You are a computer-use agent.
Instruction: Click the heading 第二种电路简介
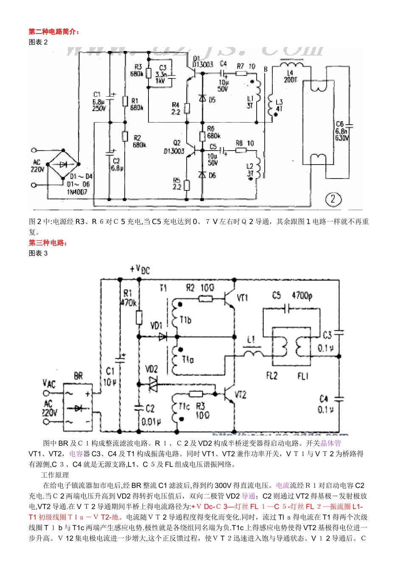click(54, 32)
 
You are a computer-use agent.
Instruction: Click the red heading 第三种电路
click(48, 243)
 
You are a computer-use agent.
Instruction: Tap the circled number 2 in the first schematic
click(333, 199)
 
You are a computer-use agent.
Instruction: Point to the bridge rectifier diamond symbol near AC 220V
click(64, 165)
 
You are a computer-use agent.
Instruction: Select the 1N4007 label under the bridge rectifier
click(77, 192)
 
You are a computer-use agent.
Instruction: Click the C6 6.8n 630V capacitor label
click(342, 131)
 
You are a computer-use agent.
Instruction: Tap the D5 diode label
click(211, 100)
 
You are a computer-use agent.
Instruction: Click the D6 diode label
click(211, 175)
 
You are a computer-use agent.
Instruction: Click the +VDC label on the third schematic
click(140, 269)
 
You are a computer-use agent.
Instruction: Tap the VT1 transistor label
click(242, 298)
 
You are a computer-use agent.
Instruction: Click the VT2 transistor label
click(240, 395)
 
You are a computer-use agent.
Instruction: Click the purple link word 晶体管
click(330, 443)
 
